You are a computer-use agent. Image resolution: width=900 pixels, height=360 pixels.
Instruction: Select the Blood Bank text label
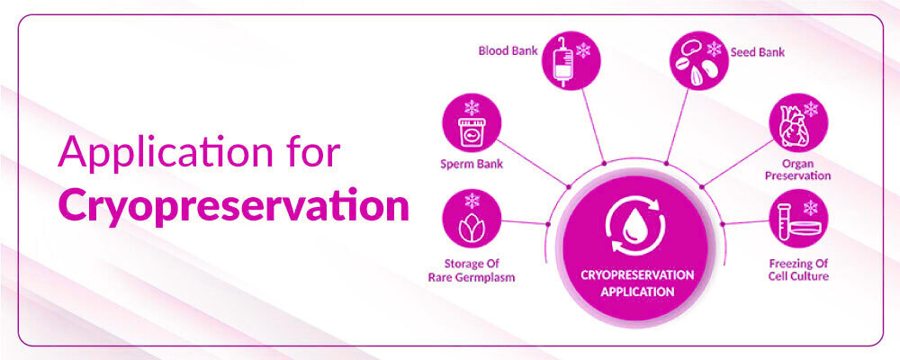[x=508, y=51]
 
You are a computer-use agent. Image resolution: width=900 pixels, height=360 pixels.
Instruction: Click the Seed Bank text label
[x=757, y=52]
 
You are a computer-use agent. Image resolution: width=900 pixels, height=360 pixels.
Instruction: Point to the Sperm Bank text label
[x=472, y=164]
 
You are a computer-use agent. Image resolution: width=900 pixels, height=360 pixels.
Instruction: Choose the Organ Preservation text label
[x=797, y=169]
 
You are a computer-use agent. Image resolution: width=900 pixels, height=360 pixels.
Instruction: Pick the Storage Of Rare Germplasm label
[x=472, y=270]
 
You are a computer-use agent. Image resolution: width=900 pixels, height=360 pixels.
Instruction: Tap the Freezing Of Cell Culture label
[x=798, y=270]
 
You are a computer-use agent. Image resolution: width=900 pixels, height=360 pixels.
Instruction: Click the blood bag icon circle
[x=571, y=60]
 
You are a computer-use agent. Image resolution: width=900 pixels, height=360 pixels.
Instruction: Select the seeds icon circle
[x=699, y=60]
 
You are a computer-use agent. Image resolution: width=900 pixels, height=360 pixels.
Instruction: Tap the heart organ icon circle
[x=798, y=123]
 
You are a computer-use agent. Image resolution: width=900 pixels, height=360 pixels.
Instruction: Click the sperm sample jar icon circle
[x=472, y=123]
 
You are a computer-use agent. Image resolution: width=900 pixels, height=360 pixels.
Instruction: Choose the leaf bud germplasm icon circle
[x=472, y=219]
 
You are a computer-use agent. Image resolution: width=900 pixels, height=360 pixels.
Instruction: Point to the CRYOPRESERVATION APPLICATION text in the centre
[x=637, y=283]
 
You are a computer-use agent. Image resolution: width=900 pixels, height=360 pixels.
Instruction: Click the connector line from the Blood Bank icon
[x=593, y=126]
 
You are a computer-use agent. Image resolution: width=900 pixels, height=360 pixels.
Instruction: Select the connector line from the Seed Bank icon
[x=678, y=126]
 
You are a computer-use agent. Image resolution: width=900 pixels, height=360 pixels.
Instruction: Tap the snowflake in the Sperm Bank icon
[x=472, y=107]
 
